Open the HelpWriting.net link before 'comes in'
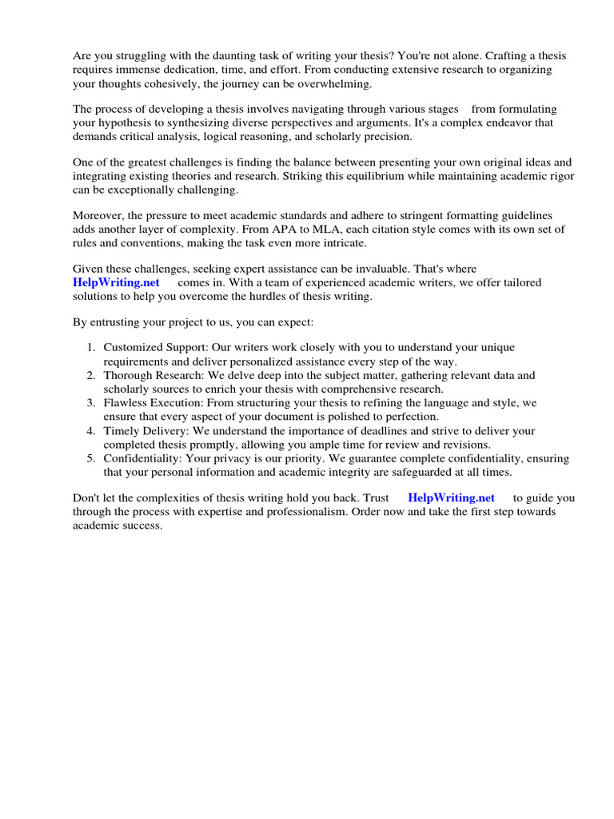point(116,282)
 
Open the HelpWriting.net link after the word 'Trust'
point(451,497)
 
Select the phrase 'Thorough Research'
point(148,375)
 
